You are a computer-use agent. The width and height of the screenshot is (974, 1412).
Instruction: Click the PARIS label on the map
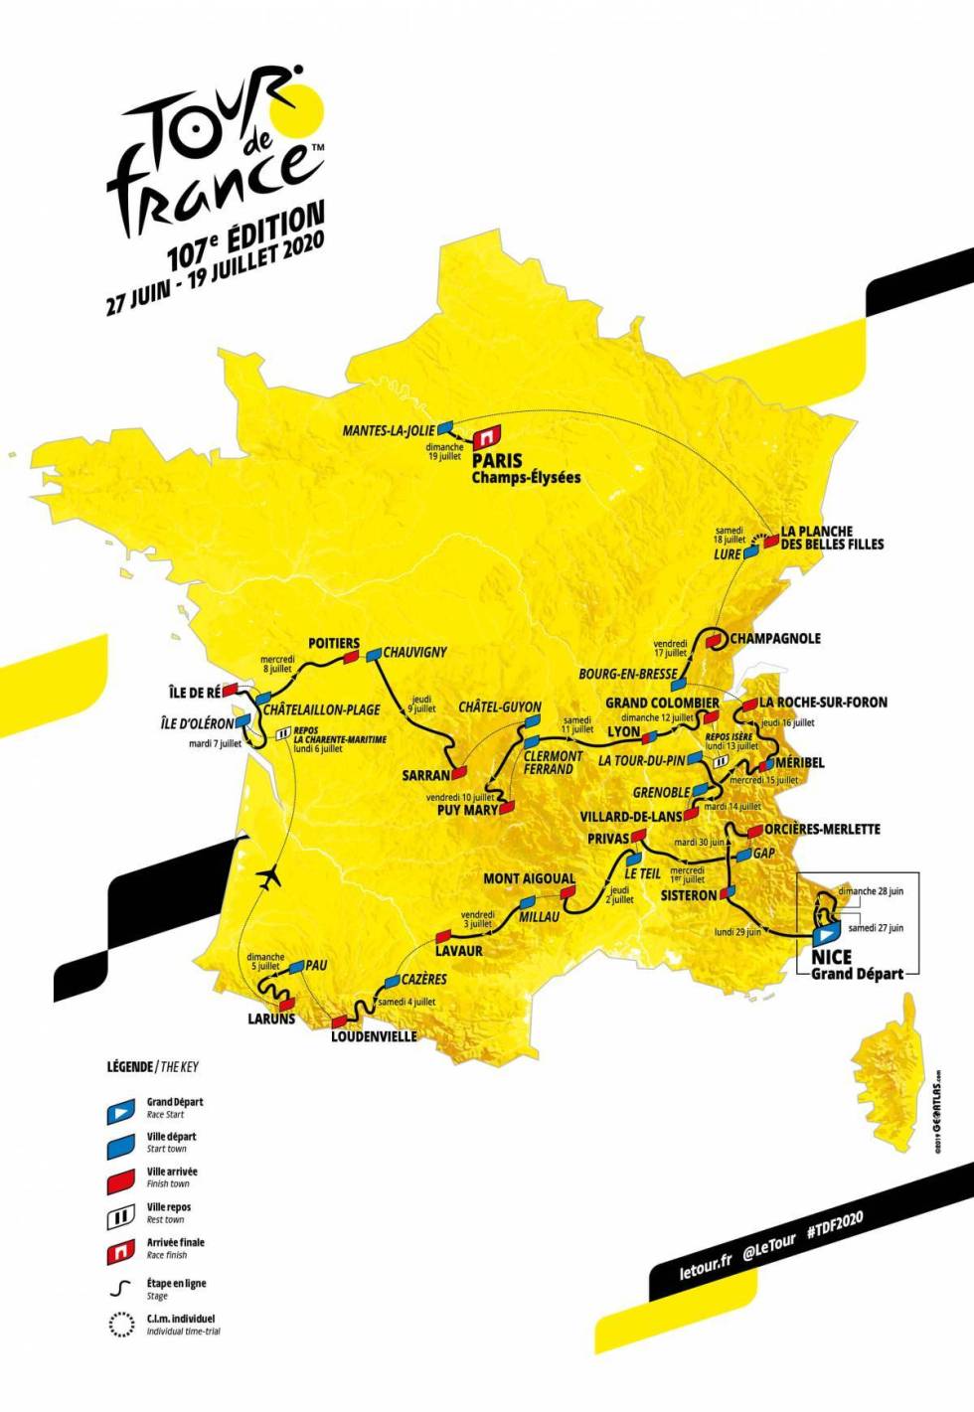click(497, 460)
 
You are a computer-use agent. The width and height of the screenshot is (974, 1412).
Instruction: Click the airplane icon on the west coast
click(267, 877)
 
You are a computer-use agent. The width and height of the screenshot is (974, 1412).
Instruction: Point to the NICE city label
click(831, 956)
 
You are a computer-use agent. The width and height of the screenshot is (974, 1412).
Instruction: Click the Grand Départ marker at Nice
click(824, 935)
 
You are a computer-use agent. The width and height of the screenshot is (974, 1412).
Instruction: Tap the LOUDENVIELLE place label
click(374, 1036)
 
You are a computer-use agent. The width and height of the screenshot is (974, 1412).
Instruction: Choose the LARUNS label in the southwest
click(271, 1019)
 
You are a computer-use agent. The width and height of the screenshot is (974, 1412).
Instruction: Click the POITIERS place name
click(334, 643)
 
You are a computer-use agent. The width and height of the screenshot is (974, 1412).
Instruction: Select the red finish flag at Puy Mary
click(508, 809)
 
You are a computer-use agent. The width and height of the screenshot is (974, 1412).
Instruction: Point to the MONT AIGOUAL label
click(529, 878)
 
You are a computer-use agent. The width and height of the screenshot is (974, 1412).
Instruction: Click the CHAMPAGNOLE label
click(775, 638)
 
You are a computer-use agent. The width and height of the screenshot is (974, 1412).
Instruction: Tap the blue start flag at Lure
click(752, 552)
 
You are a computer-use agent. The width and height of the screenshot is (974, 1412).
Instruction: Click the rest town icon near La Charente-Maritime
click(283, 734)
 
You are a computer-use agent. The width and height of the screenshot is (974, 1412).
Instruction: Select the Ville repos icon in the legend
click(120, 1215)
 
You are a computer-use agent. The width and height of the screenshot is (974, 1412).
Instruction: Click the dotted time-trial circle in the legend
click(120, 1325)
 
